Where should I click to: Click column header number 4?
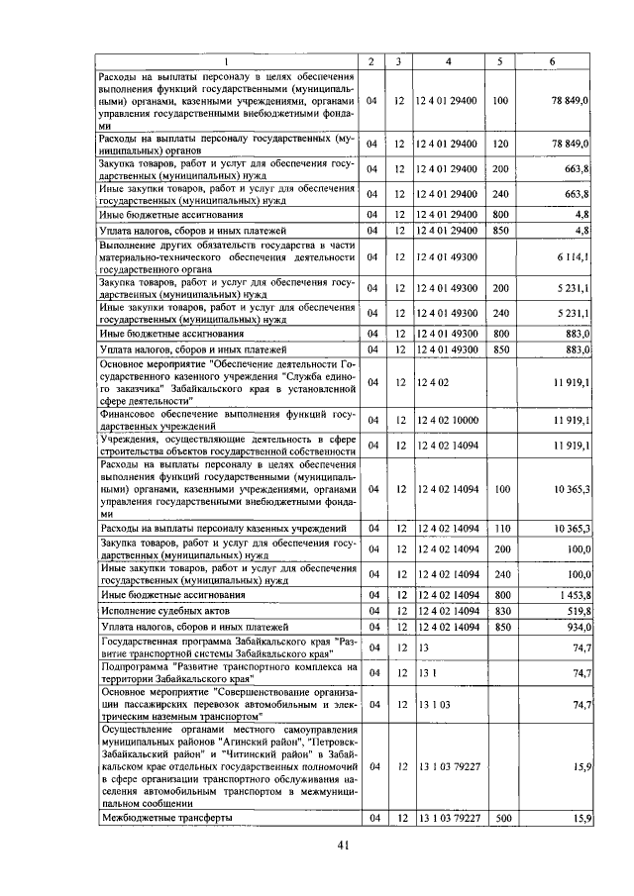pos(448,62)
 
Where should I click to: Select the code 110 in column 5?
pos(499,529)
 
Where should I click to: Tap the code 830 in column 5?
pos(499,612)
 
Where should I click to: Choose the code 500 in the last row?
pos(499,819)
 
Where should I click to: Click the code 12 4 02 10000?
pos(448,421)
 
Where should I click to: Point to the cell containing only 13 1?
pos(425,672)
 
